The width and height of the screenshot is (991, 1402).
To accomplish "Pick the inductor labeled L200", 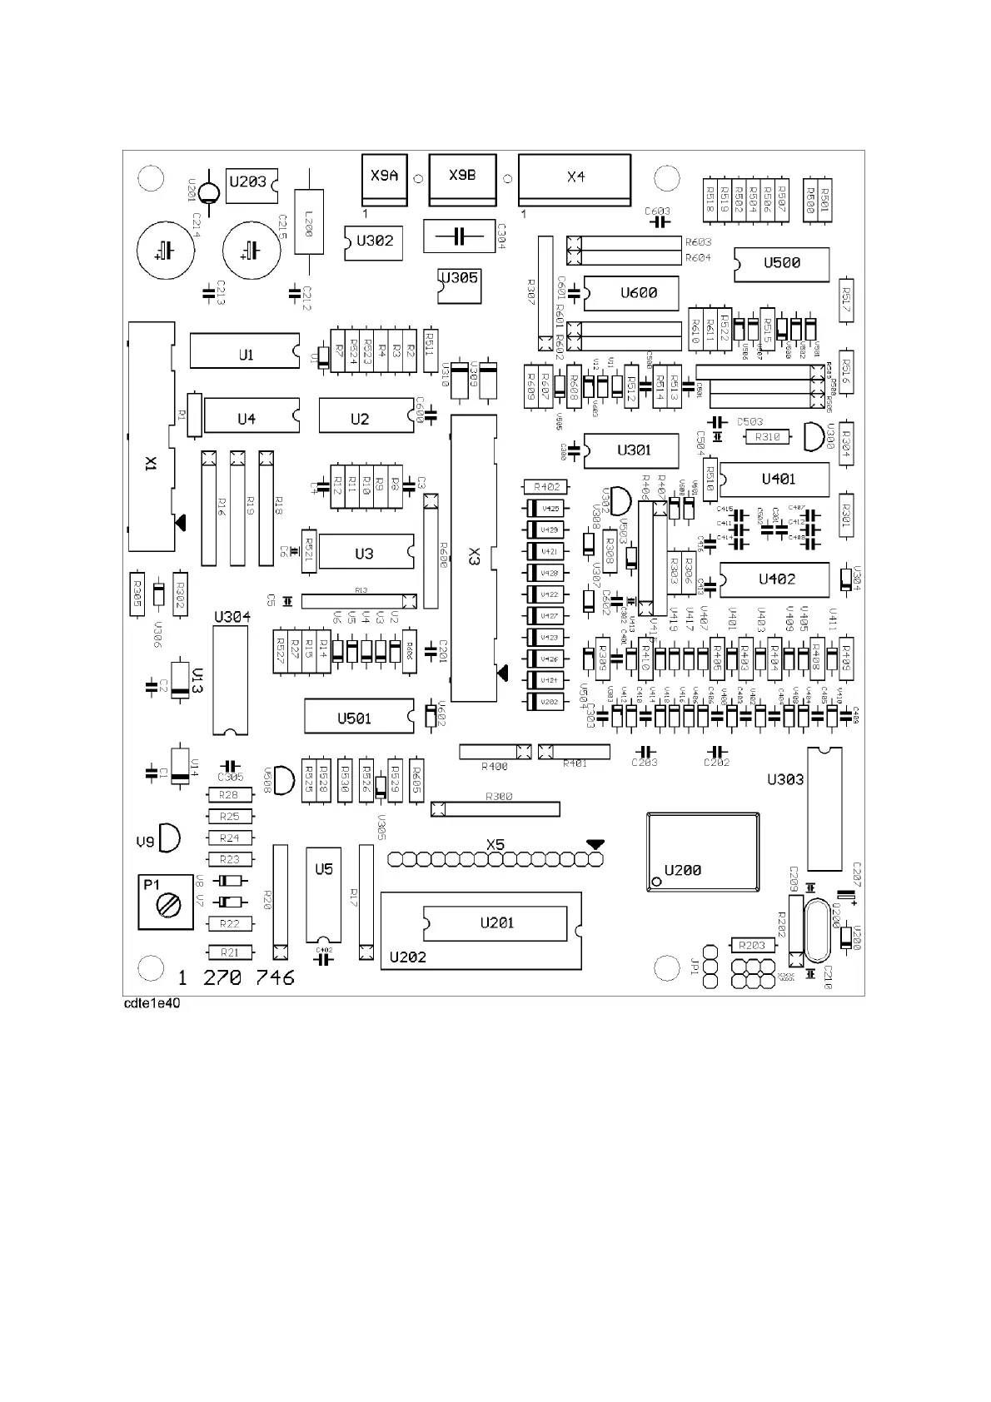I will pyautogui.click(x=309, y=222).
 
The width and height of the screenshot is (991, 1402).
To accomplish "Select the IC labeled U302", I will pyautogui.click(x=373, y=241).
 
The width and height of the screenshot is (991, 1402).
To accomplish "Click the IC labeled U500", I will pyautogui.click(x=782, y=264).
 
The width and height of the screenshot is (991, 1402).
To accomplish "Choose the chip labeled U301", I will pyautogui.click(x=632, y=450).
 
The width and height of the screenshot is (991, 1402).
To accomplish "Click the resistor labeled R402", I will pyautogui.click(x=546, y=487).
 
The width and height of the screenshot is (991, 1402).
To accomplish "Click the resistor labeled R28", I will pyautogui.click(x=229, y=795).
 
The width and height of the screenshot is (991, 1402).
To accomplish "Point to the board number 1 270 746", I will pyautogui.click(x=237, y=977).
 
